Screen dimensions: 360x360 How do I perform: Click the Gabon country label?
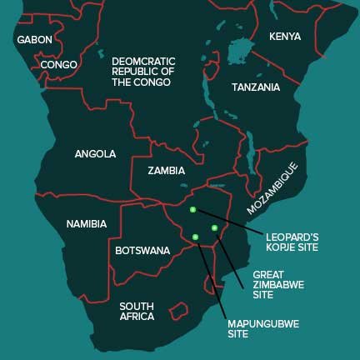(34, 39)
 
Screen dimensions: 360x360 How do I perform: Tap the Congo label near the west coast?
(58, 64)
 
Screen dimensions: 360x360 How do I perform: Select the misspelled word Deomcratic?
(143, 60)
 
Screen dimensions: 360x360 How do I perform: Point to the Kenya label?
(285, 37)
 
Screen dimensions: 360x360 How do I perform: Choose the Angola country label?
(95, 154)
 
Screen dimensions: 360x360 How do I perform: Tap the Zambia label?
(167, 171)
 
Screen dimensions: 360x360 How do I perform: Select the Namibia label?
(87, 224)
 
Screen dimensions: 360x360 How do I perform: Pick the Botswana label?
(142, 250)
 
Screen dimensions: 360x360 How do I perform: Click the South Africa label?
(137, 311)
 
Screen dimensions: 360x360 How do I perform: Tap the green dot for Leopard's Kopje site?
(192, 210)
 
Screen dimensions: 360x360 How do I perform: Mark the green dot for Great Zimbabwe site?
(214, 227)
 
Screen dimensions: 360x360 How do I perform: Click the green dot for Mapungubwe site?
(196, 237)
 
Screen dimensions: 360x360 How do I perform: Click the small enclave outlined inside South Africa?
(178, 311)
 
